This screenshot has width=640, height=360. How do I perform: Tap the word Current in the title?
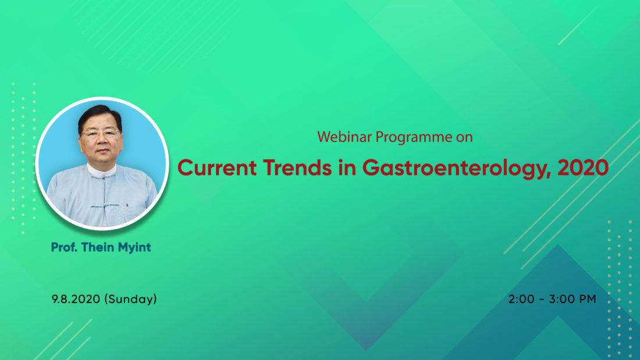point(217,167)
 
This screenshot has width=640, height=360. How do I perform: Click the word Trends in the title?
point(297,167)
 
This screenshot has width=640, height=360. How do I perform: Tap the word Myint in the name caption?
point(134,248)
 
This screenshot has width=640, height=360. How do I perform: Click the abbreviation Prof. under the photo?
point(65,247)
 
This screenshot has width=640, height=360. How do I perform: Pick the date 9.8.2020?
point(76,299)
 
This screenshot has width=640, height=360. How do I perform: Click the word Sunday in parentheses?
point(130,300)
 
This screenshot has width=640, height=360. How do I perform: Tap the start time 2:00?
point(521,299)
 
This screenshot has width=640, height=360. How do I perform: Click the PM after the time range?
point(588,299)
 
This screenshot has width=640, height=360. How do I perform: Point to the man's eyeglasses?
point(99,133)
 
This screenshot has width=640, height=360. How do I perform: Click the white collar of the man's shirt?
point(101,170)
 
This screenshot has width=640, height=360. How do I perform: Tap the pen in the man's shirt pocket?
point(126,208)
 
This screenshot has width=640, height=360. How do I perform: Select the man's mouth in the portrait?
point(102,151)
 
